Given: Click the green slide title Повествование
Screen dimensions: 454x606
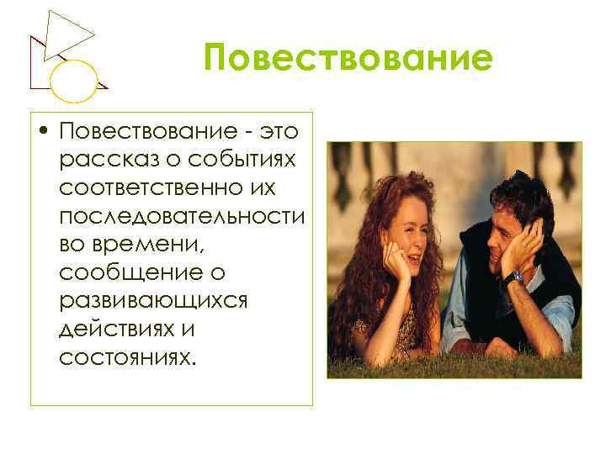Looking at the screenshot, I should [347, 60].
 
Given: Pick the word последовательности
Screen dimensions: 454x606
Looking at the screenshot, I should [182, 216].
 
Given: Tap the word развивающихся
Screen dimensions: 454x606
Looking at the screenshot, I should [153, 300].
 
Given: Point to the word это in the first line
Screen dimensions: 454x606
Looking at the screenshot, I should [283, 132].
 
